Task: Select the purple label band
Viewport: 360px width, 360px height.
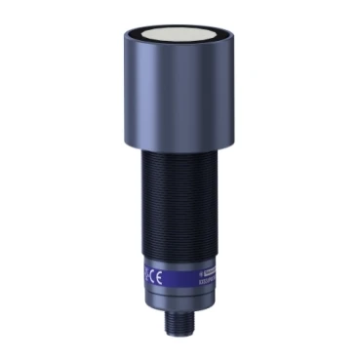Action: [x=180, y=276]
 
